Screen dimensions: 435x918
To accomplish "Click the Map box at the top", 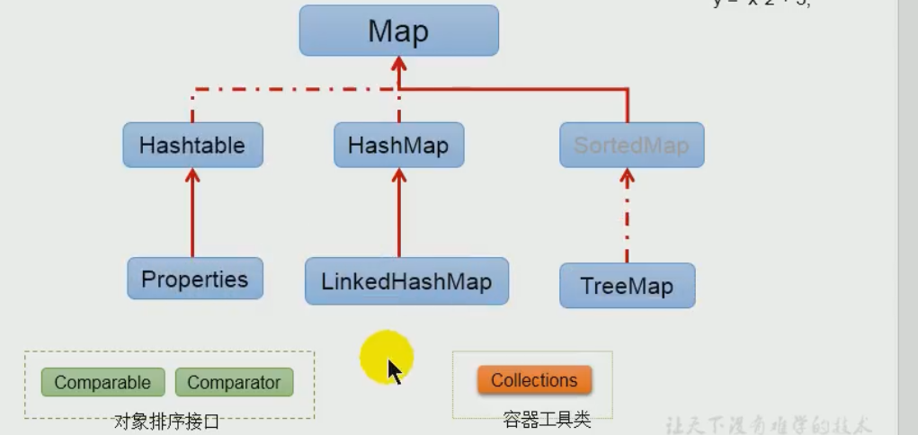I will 398,31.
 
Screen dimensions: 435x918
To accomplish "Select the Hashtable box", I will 192,145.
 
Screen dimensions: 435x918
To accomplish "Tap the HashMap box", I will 398,145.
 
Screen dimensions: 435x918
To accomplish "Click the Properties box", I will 194,279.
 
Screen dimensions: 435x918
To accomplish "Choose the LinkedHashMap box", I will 406,281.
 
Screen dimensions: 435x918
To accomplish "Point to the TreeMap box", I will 627,286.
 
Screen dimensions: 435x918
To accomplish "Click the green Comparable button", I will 102,382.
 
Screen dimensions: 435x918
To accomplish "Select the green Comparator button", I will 234,382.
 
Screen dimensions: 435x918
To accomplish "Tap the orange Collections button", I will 534,380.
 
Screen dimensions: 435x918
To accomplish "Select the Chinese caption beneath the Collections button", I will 547,419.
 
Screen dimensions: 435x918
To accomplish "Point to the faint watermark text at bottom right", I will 768,425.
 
